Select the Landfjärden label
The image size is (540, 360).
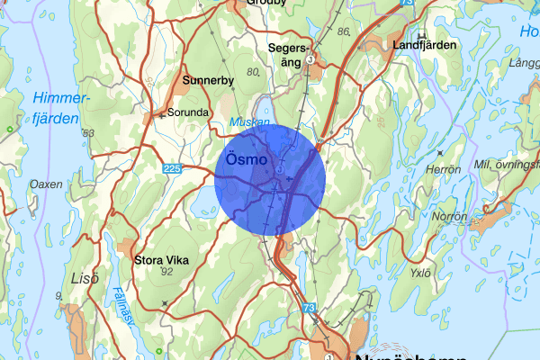(x=424, y=44)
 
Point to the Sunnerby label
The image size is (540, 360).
(x=208, y=80)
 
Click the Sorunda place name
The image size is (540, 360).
(x=188, y=113)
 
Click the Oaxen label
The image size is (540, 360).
(x=46, y=184)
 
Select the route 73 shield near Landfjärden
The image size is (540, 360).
(x=407, y=4)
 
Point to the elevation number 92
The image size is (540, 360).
(x=165, y=271)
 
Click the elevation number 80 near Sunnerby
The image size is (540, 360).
(x=251, y=71)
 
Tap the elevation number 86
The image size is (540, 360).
(x=343, y=31)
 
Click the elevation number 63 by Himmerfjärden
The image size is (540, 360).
(x=88, y=134)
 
